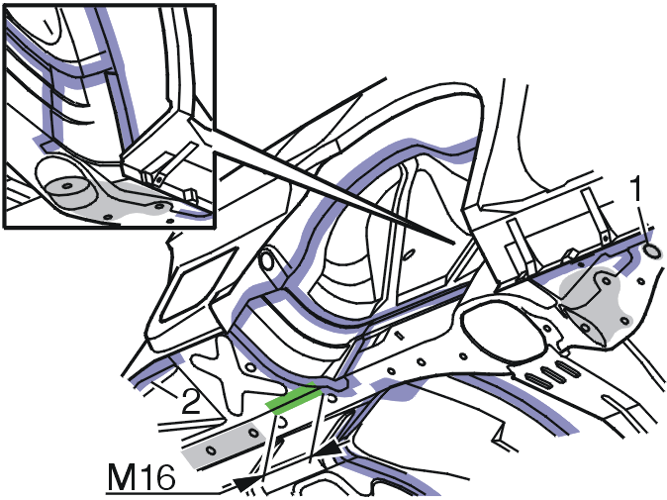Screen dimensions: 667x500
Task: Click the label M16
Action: [142, 477]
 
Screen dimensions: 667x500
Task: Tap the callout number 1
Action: [636, 189]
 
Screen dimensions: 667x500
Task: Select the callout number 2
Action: [191, 402]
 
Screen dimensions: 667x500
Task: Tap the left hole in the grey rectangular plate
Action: [211, 450]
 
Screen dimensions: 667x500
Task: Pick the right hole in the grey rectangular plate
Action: [254, 434]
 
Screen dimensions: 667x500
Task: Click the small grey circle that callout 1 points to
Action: [653, 251]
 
